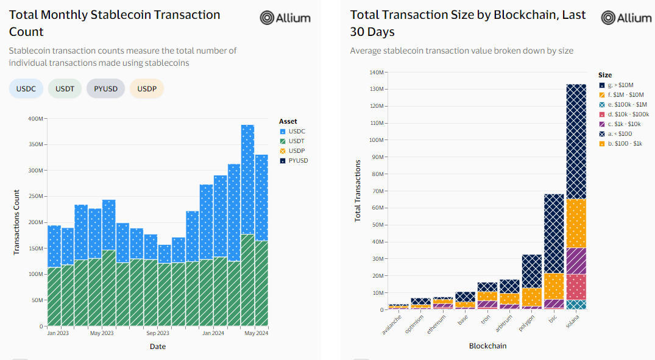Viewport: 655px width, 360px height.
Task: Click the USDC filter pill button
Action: (x=26, y=89)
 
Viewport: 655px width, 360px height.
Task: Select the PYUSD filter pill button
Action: (x=105, y=89)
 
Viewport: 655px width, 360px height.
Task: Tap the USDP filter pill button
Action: (x=147, y=89)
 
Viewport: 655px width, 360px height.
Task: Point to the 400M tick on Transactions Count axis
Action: (x=36, y=119)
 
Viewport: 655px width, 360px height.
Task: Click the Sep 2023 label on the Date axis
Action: (x=158, y=334)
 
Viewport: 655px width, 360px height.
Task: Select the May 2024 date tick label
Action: (x=256, y=334)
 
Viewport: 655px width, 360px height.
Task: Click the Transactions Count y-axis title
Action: (x=17, y=223)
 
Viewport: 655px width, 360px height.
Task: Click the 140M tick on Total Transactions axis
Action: (x=377, y=72)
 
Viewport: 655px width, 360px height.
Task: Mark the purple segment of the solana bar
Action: (x=576, y=261)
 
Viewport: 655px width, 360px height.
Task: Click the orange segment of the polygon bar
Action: (x=531, y=297)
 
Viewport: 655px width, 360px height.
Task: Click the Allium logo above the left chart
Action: (x=285, y=18)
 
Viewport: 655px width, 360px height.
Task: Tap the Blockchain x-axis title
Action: (x=487, y=346)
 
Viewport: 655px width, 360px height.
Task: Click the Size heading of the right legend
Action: (x=604, y=75)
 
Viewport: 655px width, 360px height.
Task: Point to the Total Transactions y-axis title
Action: (x=358, y=191)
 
